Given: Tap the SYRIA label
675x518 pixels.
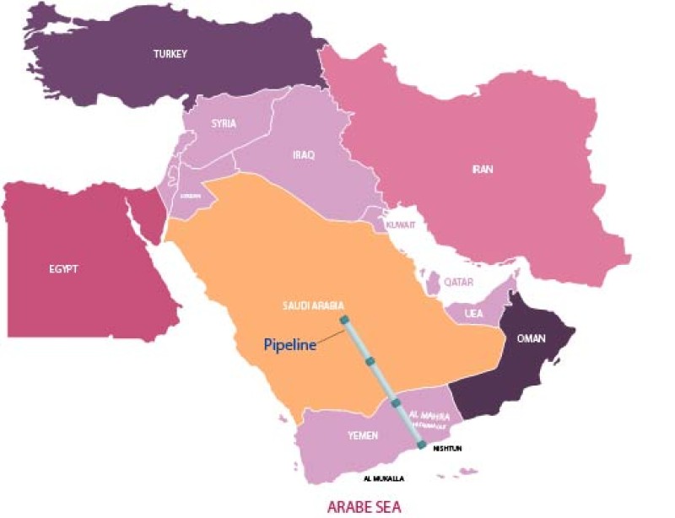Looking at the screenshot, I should click(224, 123).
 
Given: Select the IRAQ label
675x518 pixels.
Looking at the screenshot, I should click(303, 155).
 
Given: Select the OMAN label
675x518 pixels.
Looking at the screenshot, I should click(531, 339).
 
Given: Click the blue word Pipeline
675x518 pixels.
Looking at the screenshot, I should click(289, 344).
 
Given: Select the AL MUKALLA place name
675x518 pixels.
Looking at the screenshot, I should click(384, 479).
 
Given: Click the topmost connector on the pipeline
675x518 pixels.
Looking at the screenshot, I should click(344, 319).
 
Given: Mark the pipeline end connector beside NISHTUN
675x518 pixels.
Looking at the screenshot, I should click(421, 445).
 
